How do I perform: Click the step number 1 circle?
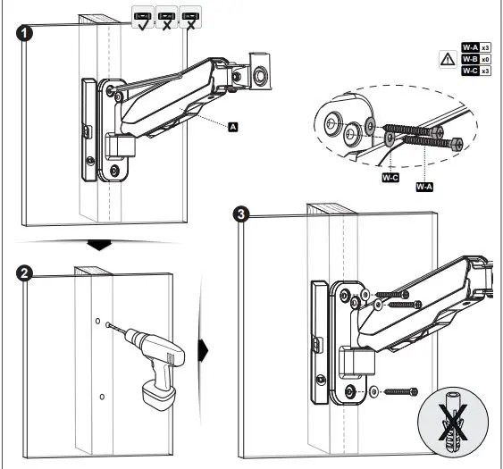pyautogui.click(x=28, y=34)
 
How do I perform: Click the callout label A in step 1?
pyautogui.click(x=233, y=129)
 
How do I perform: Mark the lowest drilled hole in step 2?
pyautogui.click(x=104, y=396)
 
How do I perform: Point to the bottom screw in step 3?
pyautogui.click(x=398, y=390)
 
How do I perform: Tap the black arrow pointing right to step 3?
pyautogui.click(x=204, y=348)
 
